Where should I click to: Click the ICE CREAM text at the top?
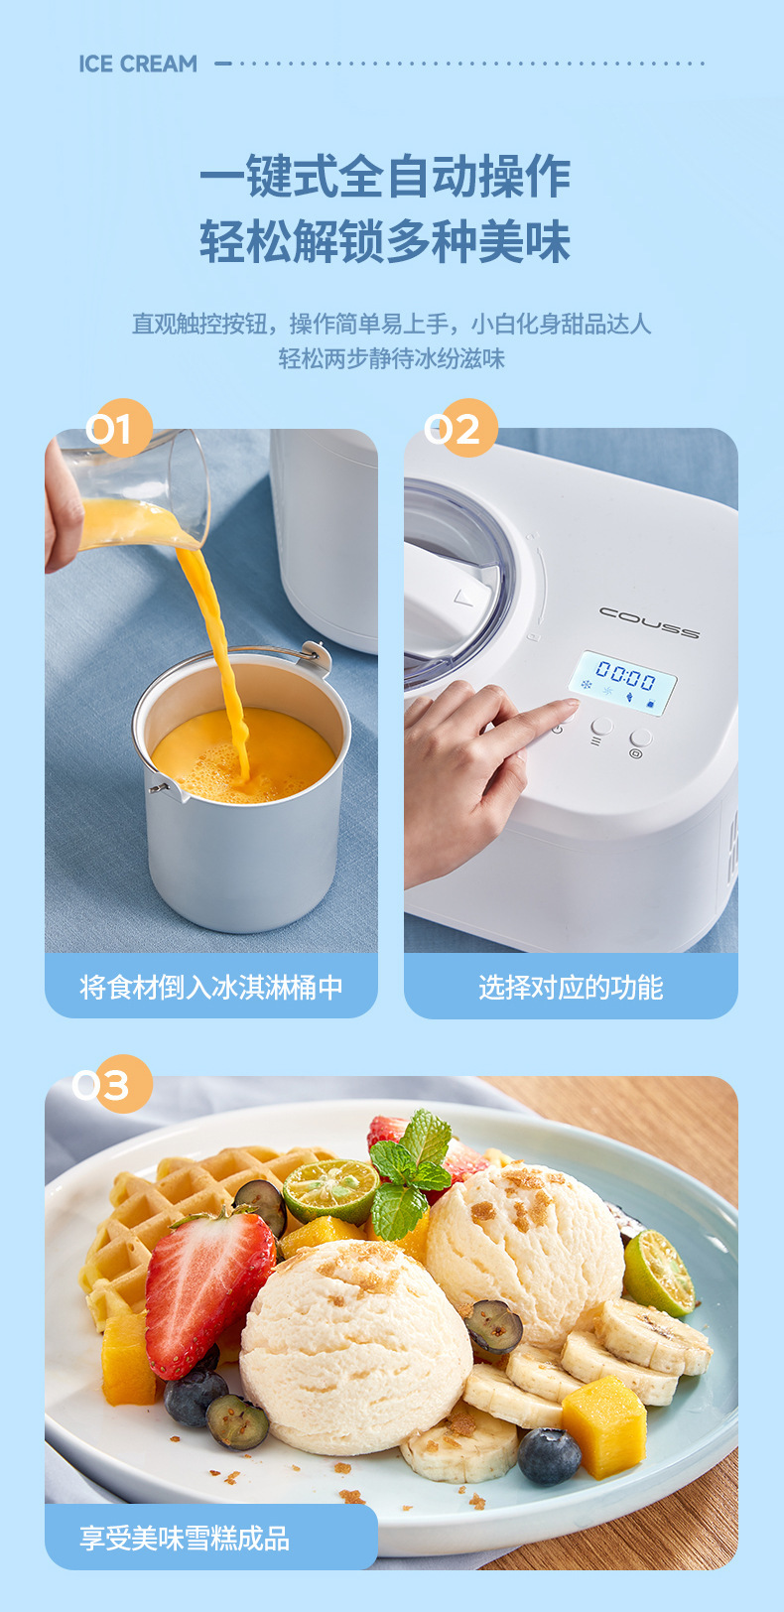click(x=138, y=64)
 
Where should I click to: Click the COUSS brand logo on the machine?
click(x=649, y=621)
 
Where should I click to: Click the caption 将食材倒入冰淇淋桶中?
click(x=210, y=987)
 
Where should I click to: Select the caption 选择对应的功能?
click(x=571, y=987)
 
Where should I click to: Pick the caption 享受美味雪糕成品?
click(x=185, y=1539)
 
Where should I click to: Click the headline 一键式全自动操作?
click(x=385, y=178)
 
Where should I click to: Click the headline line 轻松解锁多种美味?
click(x=385, y=242)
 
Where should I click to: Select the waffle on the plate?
click(x=159, y=1221)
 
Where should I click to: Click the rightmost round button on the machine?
click(x=641, y=739)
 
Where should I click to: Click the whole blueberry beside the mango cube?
click(x=549, y=1455)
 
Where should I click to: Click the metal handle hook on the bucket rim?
click(x=314, y=655)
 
